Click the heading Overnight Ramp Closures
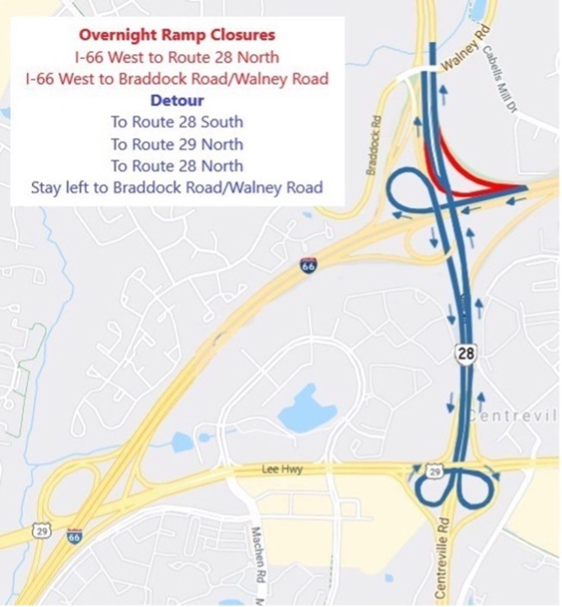177,35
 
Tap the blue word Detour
177,101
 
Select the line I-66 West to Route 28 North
177,57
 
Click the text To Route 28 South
177,122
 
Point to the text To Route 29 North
177,144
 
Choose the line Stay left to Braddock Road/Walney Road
177,188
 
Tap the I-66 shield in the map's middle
309,265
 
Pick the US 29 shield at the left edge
42,531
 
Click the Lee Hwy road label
282,469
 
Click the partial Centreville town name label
512,416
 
